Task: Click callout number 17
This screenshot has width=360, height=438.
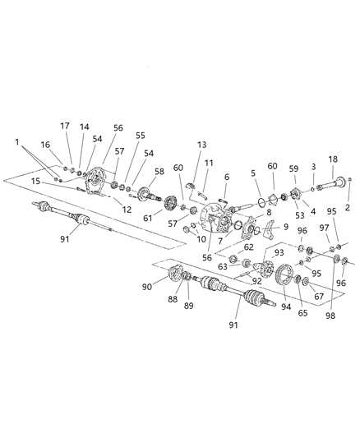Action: [65, 126]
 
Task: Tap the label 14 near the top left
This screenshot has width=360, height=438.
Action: [85, 127]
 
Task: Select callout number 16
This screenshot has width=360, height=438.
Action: [46, 145]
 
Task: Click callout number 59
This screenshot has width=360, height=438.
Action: [293, 168]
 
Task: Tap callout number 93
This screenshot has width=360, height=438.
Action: [279, 252]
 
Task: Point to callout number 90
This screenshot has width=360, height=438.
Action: [148, 286]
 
